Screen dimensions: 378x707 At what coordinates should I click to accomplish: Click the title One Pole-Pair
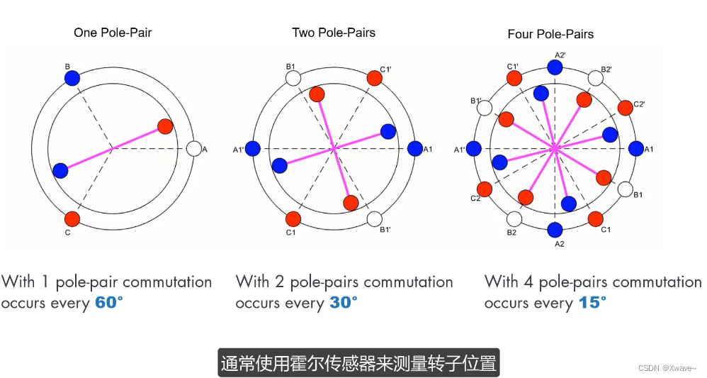click(113, 33)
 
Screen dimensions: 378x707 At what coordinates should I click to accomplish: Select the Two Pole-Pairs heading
click(334, 33)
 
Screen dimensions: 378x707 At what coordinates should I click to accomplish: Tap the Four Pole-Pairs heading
click(550, 34)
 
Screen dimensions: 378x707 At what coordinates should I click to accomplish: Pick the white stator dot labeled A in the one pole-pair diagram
click(193, 149)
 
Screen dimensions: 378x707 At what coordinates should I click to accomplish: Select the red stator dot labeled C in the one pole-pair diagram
click(72, 218)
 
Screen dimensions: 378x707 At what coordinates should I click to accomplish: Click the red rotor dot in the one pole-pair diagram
click(165, 126)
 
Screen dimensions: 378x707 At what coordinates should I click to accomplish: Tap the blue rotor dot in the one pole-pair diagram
click(60, 171)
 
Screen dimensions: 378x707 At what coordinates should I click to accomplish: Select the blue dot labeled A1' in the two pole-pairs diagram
click(253, 149)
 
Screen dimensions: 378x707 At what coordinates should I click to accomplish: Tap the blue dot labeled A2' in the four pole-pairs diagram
click(555, 67)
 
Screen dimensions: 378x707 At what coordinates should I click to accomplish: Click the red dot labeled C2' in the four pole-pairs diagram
click(626, 108)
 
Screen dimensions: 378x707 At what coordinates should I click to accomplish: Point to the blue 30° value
click(344, 303)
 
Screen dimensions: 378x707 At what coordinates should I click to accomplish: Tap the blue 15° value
click(592, 303)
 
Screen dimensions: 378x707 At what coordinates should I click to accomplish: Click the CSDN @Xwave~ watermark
click(667, 368)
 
